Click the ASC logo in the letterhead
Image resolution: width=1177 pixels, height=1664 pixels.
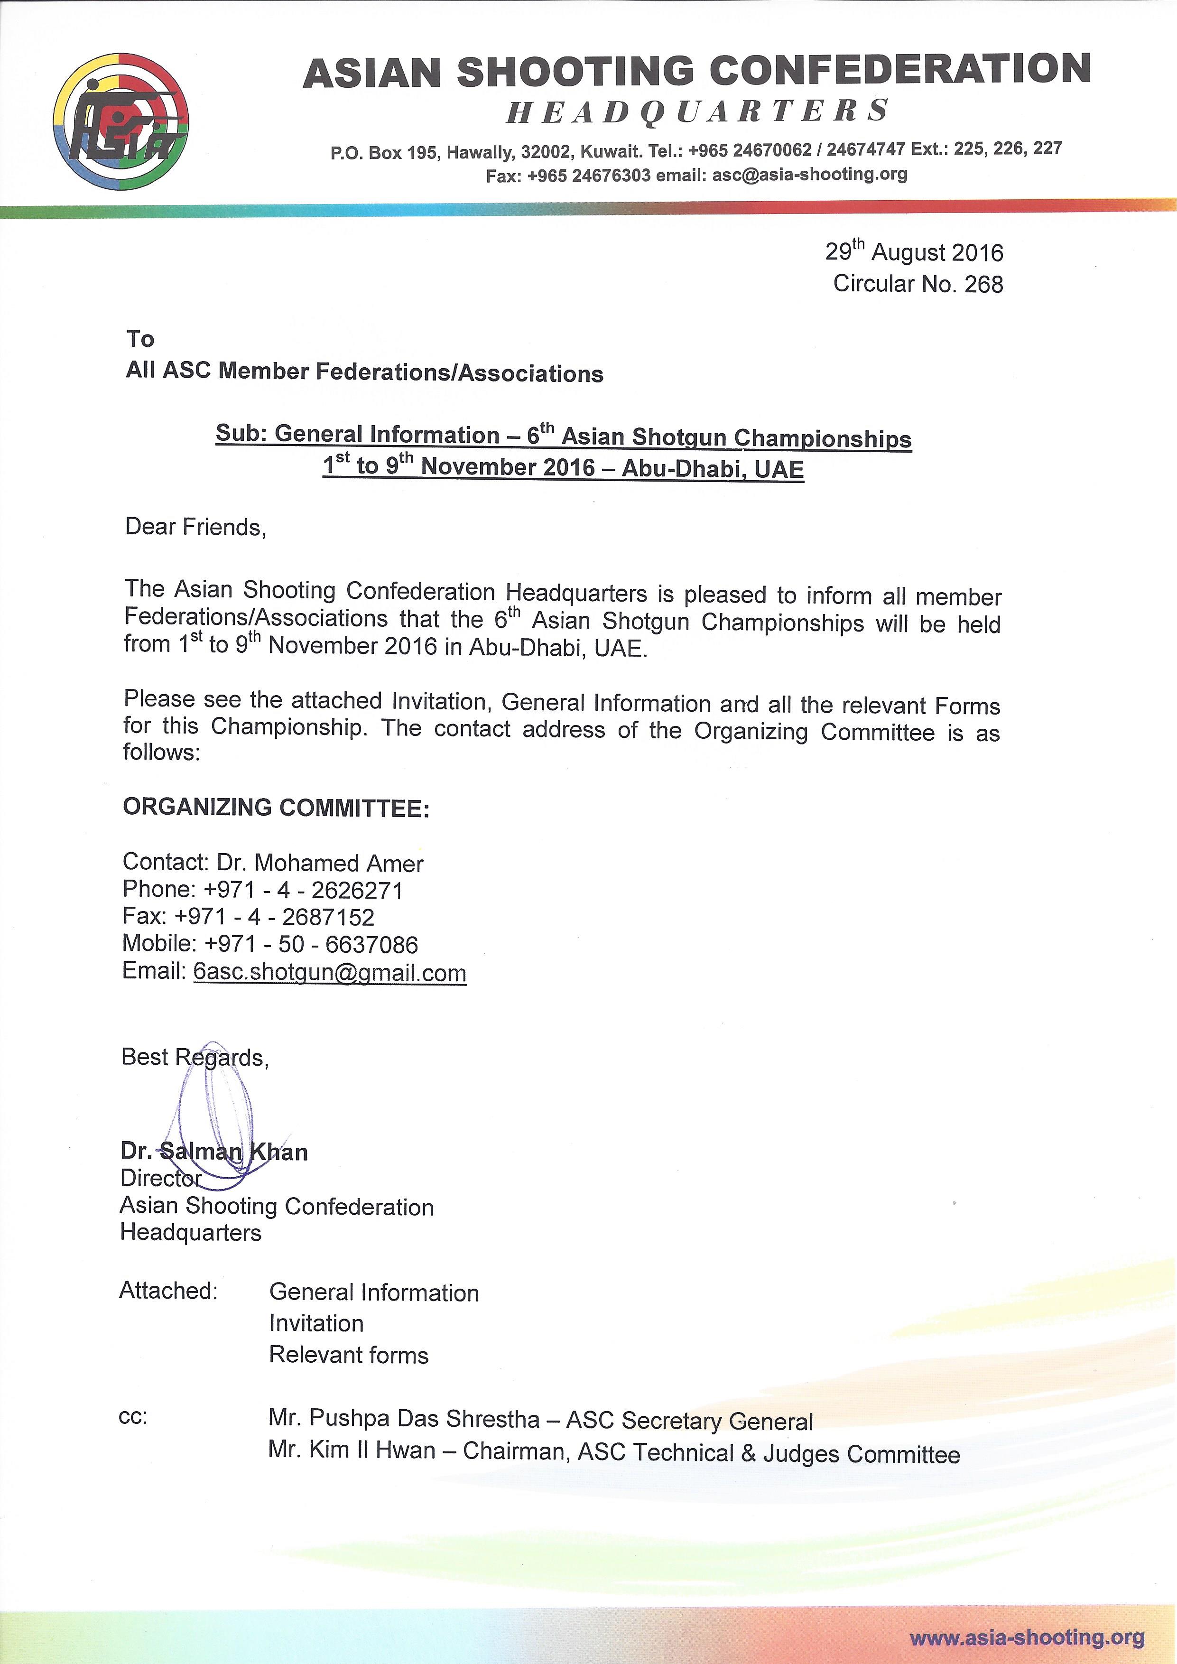coord(120,121)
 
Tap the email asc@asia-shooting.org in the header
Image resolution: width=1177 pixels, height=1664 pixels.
coord(809,175)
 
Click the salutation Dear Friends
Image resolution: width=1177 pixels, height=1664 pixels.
coord(195,527)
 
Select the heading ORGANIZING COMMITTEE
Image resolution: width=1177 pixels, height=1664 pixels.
coord(276,808)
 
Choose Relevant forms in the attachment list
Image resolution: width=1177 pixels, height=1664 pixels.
coord(349,1355)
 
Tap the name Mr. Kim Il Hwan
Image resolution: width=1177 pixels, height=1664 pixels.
coord(352,1450)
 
